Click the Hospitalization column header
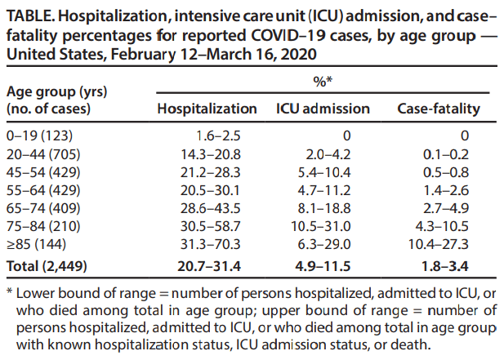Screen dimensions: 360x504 coord(206,109)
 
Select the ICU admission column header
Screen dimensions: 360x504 coord(323,109)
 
